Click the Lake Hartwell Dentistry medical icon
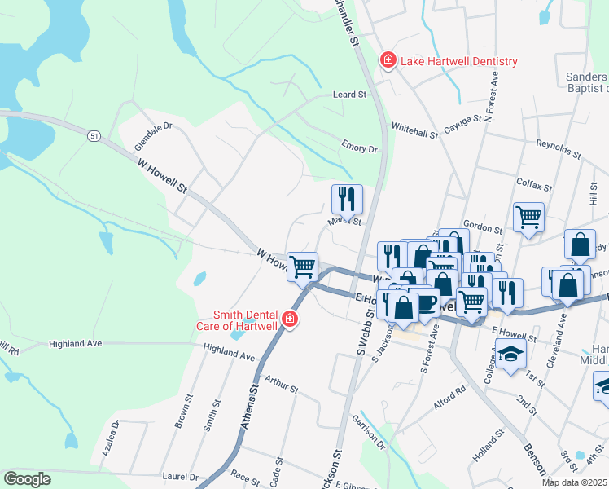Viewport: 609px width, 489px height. point(388,61)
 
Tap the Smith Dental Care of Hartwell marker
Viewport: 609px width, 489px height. point(290,320)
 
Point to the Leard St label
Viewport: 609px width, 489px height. point(349,95)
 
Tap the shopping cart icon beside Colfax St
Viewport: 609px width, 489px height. point(528,217)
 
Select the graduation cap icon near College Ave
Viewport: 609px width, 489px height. point(510,354)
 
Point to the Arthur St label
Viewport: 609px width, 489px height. point(282,385)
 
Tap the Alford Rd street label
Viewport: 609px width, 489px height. point(449,390)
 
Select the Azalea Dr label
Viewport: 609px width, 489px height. point(113,436)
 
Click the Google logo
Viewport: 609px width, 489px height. point(28,479)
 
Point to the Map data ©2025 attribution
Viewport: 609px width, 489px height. point(573,482)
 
